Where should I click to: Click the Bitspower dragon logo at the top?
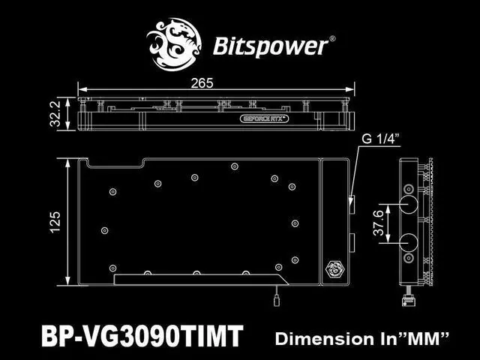click(x=173, y=45)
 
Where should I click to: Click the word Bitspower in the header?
click(x=270, y=46)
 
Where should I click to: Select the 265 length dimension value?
click(x=202, y=83)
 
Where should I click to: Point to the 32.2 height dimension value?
click(x=55, y=114)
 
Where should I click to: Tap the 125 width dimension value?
click(x=55, y=222)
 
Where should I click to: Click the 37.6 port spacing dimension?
click(x=379, y=223)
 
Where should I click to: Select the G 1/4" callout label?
click(x=381, y=139)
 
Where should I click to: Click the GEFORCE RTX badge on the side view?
click(x=264, y=118)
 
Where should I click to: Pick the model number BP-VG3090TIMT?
click(x=142, y=336)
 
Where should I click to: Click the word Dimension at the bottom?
click(x=325, y=338)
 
